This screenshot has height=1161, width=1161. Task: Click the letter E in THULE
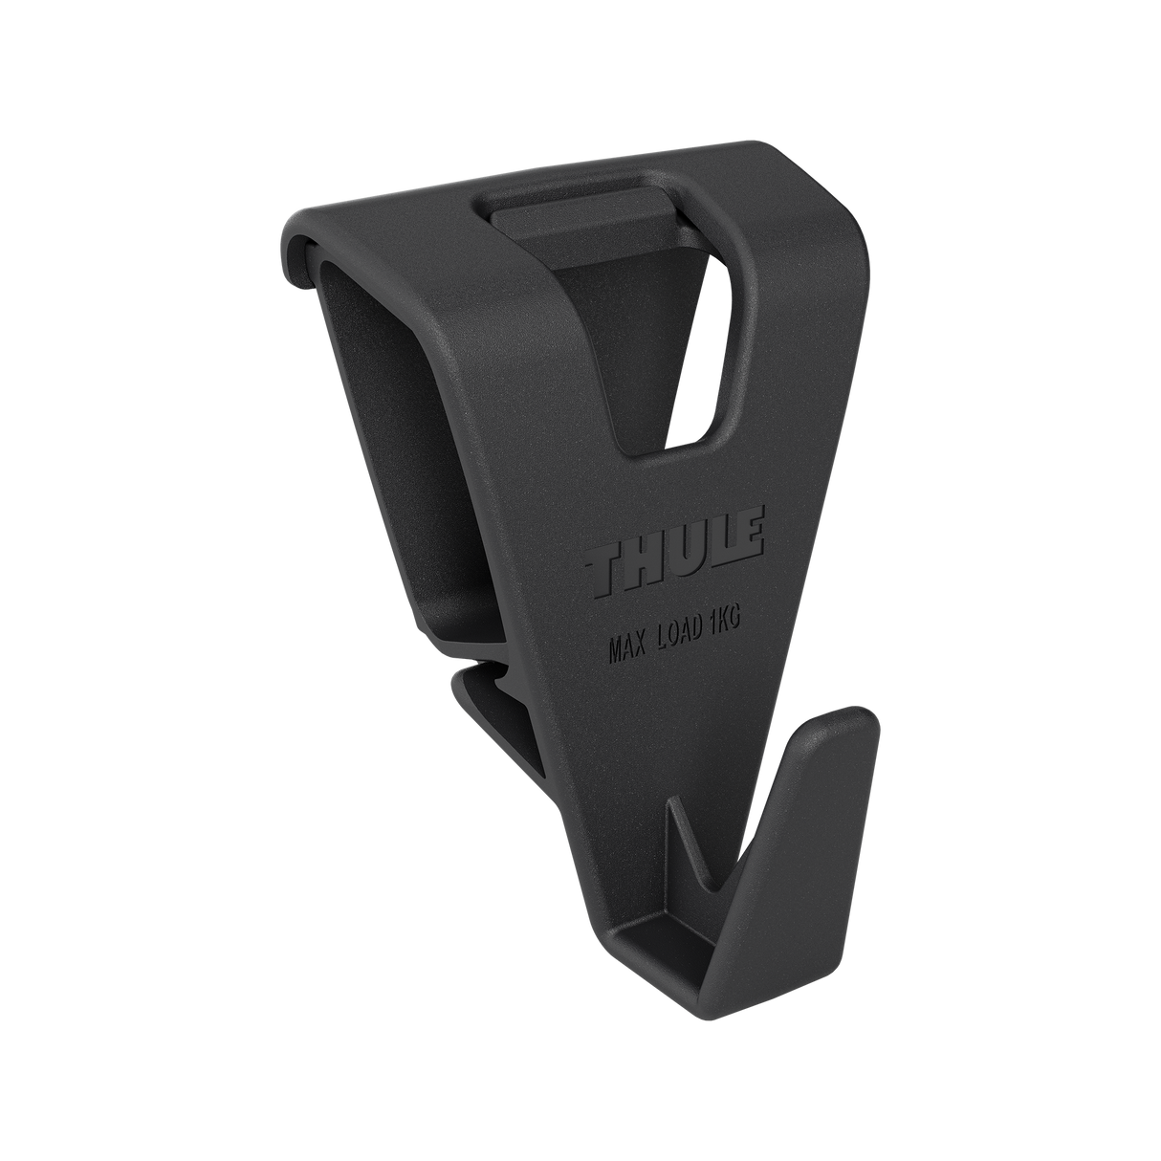745,537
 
